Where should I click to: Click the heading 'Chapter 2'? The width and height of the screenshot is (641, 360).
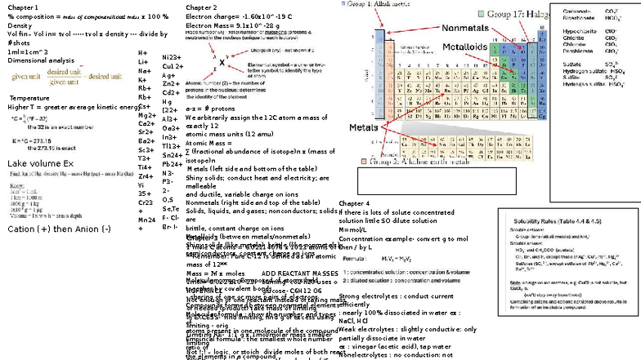201,7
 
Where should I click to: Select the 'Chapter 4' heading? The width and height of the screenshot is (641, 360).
354,202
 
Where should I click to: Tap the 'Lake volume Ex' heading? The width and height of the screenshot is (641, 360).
40,164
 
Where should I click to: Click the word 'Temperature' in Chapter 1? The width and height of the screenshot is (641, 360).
29,98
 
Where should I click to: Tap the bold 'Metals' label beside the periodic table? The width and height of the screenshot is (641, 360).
363,128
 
